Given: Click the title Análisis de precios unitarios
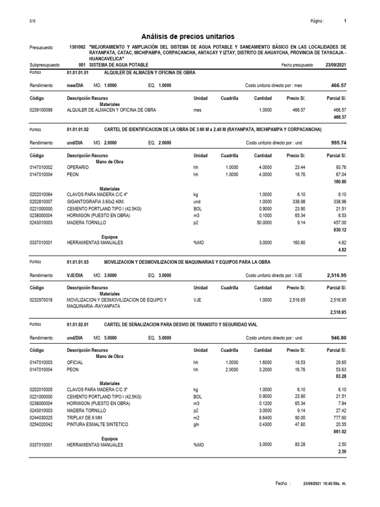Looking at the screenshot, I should [x=188, y=37].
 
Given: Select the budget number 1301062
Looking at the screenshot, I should [x=78, y=48].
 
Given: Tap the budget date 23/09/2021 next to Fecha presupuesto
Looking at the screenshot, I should [x=336, y=65].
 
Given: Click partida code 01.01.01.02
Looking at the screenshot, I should [x=78, y=129].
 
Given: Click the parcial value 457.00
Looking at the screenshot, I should [x=339, y=223].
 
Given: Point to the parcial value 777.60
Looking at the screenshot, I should [x=338, y=418].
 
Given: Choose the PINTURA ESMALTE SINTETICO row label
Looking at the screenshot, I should [x=97, y=425].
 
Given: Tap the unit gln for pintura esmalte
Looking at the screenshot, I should [x=196, y=425].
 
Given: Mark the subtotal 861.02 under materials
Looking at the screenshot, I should [x=338, y=432].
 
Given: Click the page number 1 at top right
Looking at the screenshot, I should [x=344, y=21].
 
